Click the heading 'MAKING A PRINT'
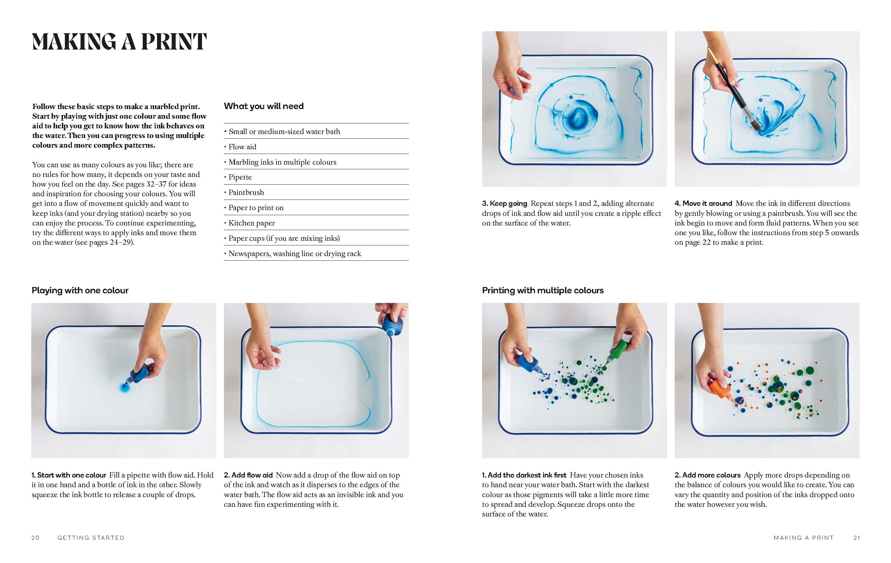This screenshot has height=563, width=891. pos(119,42)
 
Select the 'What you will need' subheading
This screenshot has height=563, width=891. pos(264,106)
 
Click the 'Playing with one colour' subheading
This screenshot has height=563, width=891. pos(80,290)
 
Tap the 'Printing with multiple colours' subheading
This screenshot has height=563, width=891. pos(542,290)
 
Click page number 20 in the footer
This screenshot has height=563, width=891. pos(36,538)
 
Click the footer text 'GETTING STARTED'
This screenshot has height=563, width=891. pos(91,538)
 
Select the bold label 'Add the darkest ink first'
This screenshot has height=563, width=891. pos(527,475)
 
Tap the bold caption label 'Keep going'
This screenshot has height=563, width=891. pos(508,204)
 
